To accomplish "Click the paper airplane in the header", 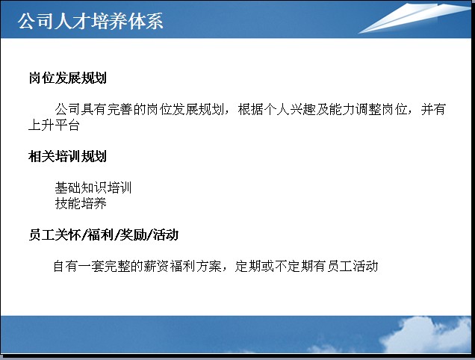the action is [415, 18].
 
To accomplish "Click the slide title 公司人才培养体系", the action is [90, 21].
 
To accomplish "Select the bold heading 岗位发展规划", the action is [67, 78].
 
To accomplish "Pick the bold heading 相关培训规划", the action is [67, 156].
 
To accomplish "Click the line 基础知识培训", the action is [93, 187].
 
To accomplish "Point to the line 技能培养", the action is [81, 203].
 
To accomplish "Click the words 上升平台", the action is [54, 125].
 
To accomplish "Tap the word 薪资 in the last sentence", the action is [156, 266].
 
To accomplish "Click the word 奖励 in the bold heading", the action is [133, 235].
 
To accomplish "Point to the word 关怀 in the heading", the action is [67, 235].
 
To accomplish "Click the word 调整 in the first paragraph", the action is [367, 109].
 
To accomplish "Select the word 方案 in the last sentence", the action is [208, 266].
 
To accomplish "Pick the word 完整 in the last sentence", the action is [117, 266].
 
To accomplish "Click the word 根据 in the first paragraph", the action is [251, 109].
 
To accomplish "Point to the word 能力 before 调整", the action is [342, 109].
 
